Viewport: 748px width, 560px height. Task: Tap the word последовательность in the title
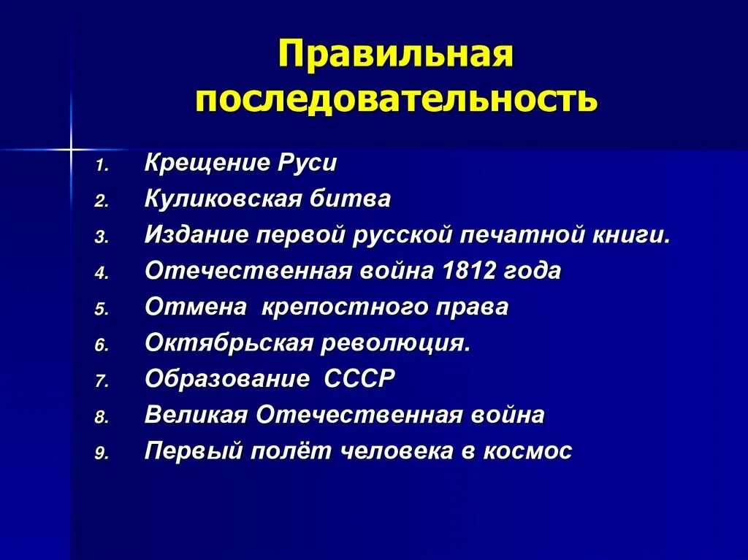point(396,99)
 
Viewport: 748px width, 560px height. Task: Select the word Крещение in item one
point(207,163)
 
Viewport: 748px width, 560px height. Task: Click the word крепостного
point(355,307)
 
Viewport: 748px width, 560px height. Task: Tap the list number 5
point(100,309)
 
